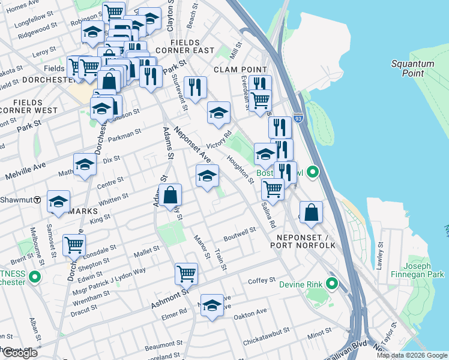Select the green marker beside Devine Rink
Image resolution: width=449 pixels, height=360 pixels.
(331, 284)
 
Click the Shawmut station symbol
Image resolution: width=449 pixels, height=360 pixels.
(37, 199)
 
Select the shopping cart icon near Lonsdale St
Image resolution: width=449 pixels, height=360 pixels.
(74, 244)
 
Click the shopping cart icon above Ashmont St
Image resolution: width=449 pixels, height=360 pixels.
(186, 273)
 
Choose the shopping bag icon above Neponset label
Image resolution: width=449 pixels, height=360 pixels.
(311, 212)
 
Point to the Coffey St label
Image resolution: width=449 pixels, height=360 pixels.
(261, 280)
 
